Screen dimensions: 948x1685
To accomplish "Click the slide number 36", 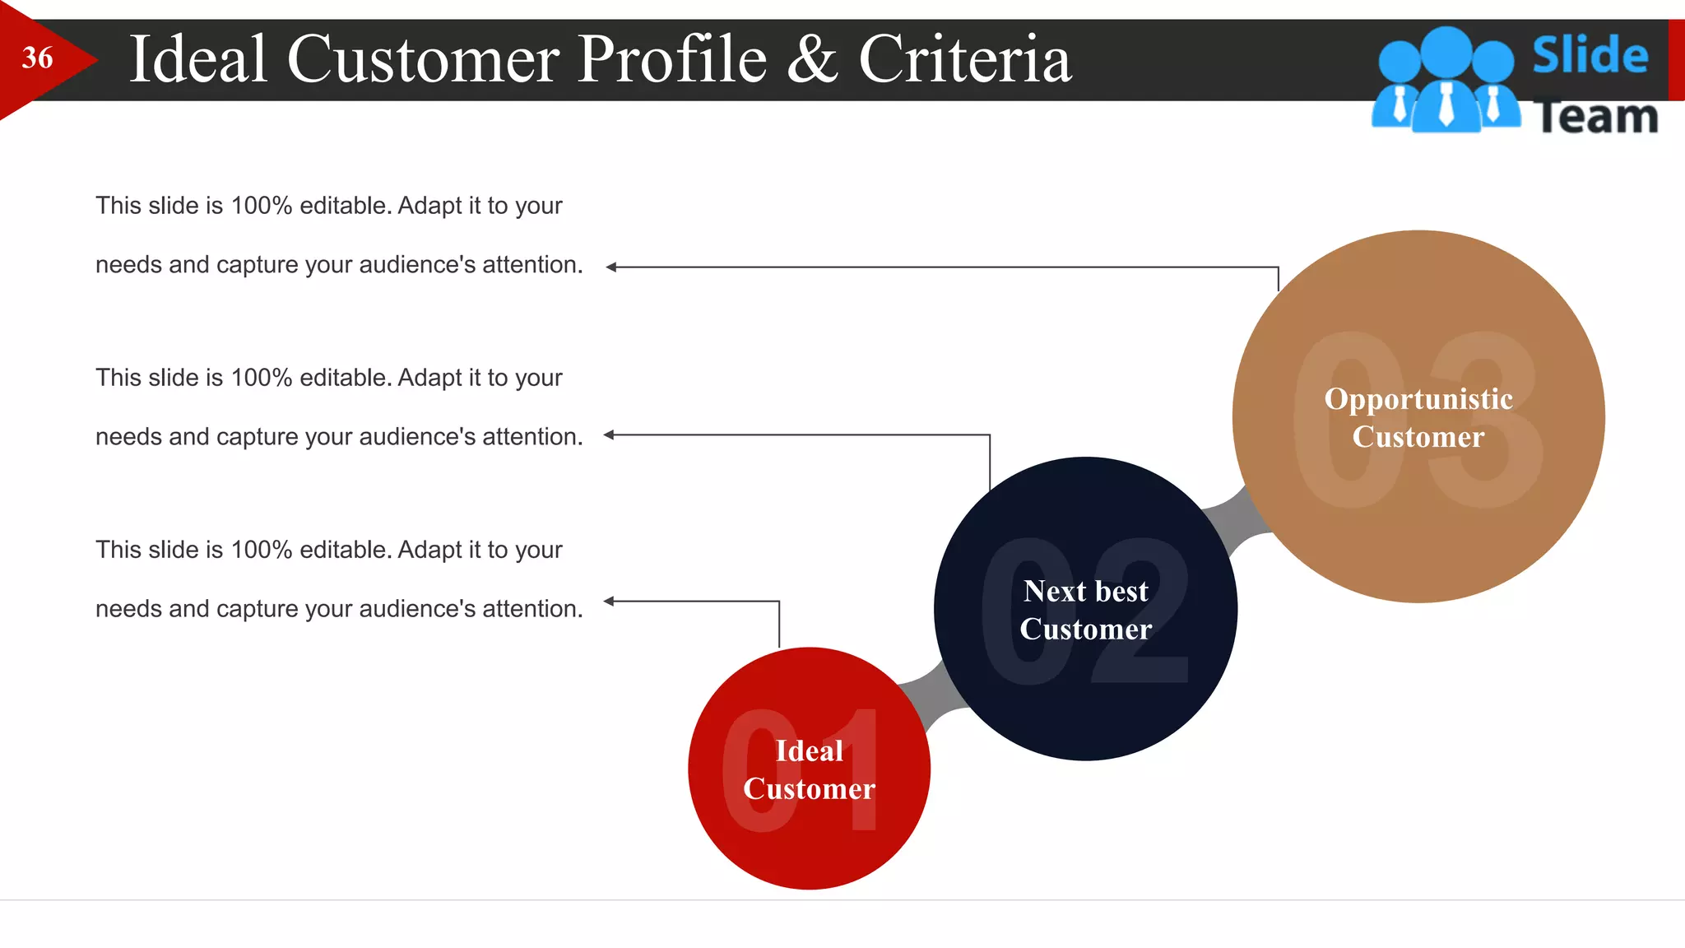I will click(x=37, y=58).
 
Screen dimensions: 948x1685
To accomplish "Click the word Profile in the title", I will click(x=671, y=59).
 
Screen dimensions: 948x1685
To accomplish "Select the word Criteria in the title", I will click(x=965, y=59).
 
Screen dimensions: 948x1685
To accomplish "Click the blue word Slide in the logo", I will click(x=1590, y=55).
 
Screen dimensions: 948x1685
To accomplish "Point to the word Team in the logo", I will click(x=1596, y=116).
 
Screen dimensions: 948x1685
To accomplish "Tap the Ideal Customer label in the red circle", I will click(x=809, y=769).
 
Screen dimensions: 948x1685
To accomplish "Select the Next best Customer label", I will click(x=1085, y=610).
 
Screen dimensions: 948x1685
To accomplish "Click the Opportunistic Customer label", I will click(x=1418, y=417).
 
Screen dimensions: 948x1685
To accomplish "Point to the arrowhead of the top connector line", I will click(x=611, y=267).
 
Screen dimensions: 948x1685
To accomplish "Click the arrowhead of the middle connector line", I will click(x=610, y=434).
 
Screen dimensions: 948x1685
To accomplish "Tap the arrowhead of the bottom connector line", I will click(x=610, y=602).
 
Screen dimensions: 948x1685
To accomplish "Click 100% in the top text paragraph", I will click(x=262, y=206).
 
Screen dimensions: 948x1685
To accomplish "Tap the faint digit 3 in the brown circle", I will click(x=1485, y=420).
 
